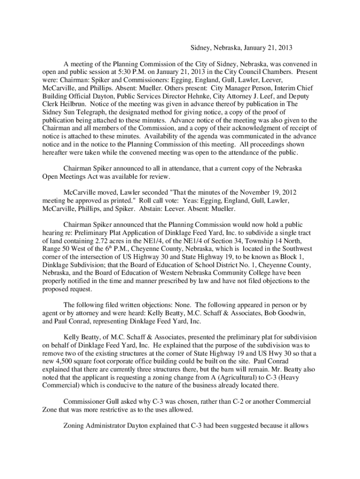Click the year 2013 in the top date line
click(x=285, y=48)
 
